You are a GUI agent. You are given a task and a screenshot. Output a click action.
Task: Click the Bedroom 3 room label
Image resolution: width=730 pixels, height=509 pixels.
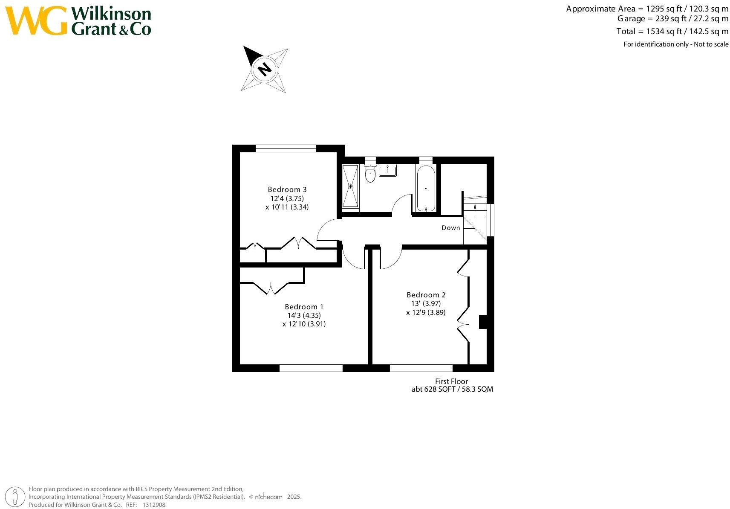pyautogui.click(x=287, y=189)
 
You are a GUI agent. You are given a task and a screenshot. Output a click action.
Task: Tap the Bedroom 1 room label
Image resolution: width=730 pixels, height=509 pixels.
pyautogui.click(x=304, y=307)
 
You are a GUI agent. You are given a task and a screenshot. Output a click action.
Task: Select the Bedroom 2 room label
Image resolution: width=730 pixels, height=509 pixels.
pyautogui.click(x=426, y=295)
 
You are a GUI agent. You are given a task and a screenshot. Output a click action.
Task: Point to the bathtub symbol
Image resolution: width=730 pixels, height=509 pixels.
pyautogui.click(x=426, y=188)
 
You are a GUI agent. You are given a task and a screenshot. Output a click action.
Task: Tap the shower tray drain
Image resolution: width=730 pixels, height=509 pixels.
pyautogui.click(x=351, y=186)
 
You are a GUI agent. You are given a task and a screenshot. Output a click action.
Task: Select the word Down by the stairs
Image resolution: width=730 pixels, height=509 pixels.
pyautogui.click(x=450, y=228)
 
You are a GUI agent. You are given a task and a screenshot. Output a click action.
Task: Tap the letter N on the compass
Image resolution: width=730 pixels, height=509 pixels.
pyautogui.click(x=265, y=69)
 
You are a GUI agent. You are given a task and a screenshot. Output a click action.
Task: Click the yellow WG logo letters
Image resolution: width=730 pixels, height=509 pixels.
pyautogui.click(x=36, y=20)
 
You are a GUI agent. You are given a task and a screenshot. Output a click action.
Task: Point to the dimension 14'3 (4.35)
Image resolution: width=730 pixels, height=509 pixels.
pyautogui.click(x=304, y=316)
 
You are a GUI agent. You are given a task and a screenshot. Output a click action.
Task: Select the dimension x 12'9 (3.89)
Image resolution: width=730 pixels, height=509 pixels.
pyautogui.click(x=426, y=312)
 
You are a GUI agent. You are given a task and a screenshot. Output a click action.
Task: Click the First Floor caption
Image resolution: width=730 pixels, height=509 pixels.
pyautogui.click(x=451, y=381)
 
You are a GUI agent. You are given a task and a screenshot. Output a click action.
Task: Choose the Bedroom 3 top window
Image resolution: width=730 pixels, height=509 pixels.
pyautogui.click(x=286, y=148)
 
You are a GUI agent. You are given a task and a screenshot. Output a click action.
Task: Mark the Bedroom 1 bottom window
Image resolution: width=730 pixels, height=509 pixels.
pyautogui.click(x=311, y=368)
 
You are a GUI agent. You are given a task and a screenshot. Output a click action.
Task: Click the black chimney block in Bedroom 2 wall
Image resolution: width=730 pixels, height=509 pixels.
pyautogui.click(x=483, y=322)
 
